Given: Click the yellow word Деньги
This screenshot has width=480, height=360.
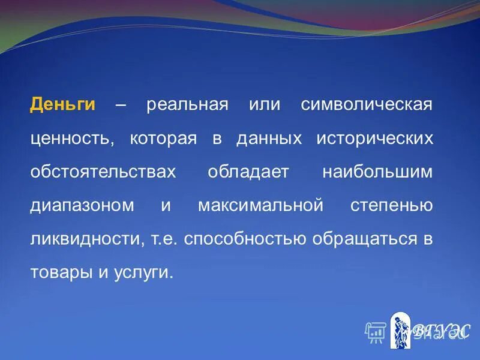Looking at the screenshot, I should pyautogui.click(x=63, y=104).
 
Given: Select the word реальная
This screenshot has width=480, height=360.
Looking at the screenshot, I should pyautogui.click(x=187, y=104).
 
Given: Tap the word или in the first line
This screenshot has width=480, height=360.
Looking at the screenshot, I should pyautogui.click(x=265, y=104).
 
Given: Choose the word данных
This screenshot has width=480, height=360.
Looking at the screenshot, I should pyautogui.click(x=268, y=139).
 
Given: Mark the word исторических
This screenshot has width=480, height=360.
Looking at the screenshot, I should pyautogui.click(x=374, y=139).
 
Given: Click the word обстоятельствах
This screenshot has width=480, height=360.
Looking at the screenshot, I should pyautogui.click(x=103, y=172).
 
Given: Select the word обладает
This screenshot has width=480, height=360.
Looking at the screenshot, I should pyautogui.click(x=248, y=172).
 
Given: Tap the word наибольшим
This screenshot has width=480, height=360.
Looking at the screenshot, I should pyautogui.click(x=377, y=172).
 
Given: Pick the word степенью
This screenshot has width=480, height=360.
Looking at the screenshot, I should pyautogui.click(x=391, y=206).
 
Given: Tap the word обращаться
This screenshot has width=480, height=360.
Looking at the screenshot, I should pyautogui.click(x=362, y=239).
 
